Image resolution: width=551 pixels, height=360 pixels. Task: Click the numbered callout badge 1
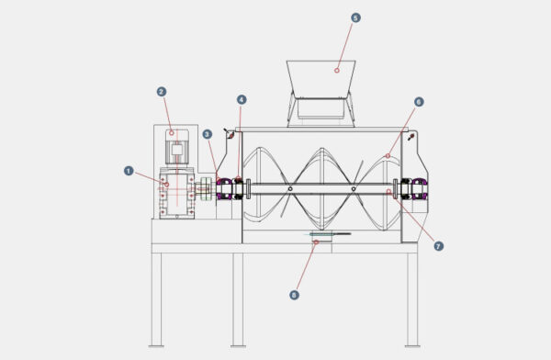click(x=128, y=170)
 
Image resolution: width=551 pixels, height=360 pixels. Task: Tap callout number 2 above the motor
click(x=161, y=91)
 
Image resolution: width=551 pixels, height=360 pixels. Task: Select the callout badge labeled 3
click(x=208, y=134)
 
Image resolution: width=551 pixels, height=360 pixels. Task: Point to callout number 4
click(x=242, y=99)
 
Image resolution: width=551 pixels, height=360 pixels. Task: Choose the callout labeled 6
click(x=419, y=101)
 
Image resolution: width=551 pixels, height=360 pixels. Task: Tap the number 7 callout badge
click(x=438, y=246)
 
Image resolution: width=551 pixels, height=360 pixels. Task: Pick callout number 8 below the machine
click(x=294, y=295)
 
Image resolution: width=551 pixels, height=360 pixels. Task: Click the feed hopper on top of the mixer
click(x=321, y=83)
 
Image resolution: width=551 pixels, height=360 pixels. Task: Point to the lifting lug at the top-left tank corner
click(x=228, y=134)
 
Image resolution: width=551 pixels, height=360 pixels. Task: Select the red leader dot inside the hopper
click(x=336, y=69)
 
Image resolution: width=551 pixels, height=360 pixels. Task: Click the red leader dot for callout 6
click(x=388, y=157)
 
